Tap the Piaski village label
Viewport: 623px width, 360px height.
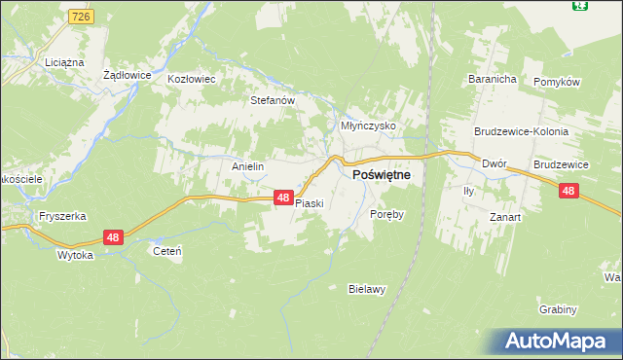click(x=309, y=204)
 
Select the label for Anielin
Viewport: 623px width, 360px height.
click(x=247, y=166)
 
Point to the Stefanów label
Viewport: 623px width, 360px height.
click(x=273, y=99)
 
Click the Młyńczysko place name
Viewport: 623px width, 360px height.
click(x=367, y=126)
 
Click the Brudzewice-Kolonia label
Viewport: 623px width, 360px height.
click(x=521, y=130)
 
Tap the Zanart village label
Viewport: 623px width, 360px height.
click(x=505, y=217)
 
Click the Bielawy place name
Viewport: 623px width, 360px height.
click(x=368, y=289)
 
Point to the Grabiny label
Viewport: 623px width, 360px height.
click(x=558, y=309)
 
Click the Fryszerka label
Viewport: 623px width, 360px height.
click(x=56, y=215)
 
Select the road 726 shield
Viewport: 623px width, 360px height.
click(x=82, y=18)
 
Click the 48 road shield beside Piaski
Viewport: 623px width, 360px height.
click(x=282, y=198)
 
